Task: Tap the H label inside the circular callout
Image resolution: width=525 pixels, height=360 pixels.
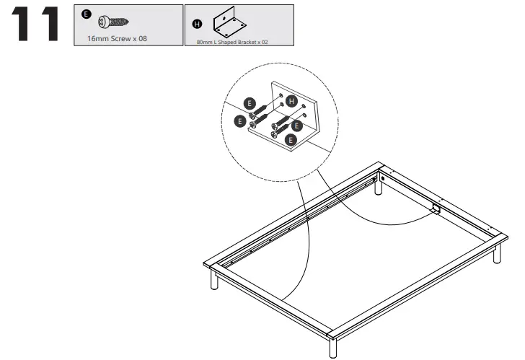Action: point(291,101)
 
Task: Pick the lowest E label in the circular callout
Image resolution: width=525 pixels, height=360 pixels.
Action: point(291,137)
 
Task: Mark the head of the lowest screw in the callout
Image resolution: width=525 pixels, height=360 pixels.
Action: point(275,132)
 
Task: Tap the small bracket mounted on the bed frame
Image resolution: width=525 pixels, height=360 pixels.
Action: point(435,209)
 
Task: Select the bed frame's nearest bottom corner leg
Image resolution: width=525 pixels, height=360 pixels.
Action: point(331,346)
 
